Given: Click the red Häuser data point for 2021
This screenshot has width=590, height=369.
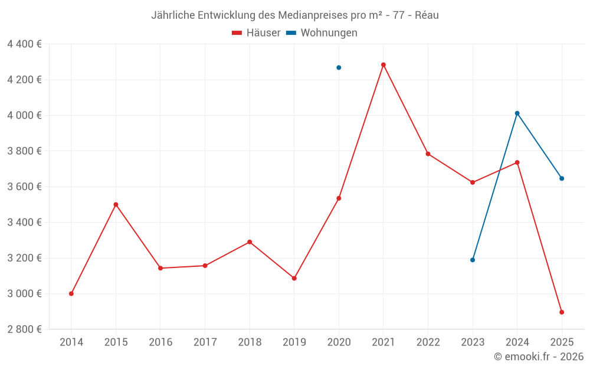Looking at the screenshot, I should (383, 65).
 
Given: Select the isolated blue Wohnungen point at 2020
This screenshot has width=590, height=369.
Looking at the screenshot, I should (339, 67).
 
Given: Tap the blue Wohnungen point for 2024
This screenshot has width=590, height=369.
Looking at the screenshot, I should (517, 113).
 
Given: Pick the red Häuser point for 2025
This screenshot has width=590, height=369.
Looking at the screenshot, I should (562, 312).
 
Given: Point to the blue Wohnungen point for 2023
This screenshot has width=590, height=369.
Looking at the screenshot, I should (473, 260).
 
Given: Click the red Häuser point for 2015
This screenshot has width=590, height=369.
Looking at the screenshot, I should (116, 204).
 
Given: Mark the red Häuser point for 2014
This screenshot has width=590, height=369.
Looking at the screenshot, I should (71, 293).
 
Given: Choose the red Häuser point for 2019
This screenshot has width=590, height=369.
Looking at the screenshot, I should (294, 278).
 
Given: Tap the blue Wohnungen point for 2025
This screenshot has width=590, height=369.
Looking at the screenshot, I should (562, 178).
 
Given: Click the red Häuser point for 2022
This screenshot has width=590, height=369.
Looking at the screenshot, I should (428, 154).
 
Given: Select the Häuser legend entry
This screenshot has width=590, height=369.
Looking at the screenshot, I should (257, 33).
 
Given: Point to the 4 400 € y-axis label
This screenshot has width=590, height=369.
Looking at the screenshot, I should (24, 44).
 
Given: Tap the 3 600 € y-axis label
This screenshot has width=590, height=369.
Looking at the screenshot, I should (24, 187).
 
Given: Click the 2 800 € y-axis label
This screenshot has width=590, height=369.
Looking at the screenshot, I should (24, 329).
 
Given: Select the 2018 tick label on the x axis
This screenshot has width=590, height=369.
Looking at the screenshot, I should (250, 342).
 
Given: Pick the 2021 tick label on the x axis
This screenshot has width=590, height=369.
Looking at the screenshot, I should (383, 342).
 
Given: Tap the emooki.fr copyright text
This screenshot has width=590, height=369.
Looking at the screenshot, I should (539, 357).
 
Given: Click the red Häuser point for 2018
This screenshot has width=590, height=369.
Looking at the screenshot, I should (250, 242).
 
